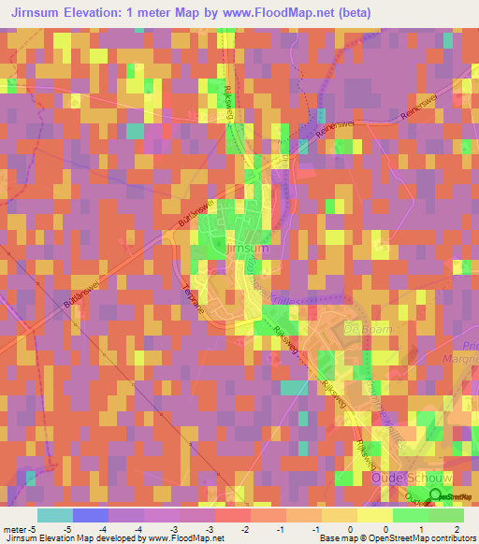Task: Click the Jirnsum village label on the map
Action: [x=248, y=250]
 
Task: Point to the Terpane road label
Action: [x=191, y=301]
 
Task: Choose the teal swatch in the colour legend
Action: [x=55, y=515]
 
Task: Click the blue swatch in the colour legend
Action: [x=91, y=515]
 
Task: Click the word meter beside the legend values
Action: [x=13, y=529]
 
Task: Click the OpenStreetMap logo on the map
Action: [x=446, y=495]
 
